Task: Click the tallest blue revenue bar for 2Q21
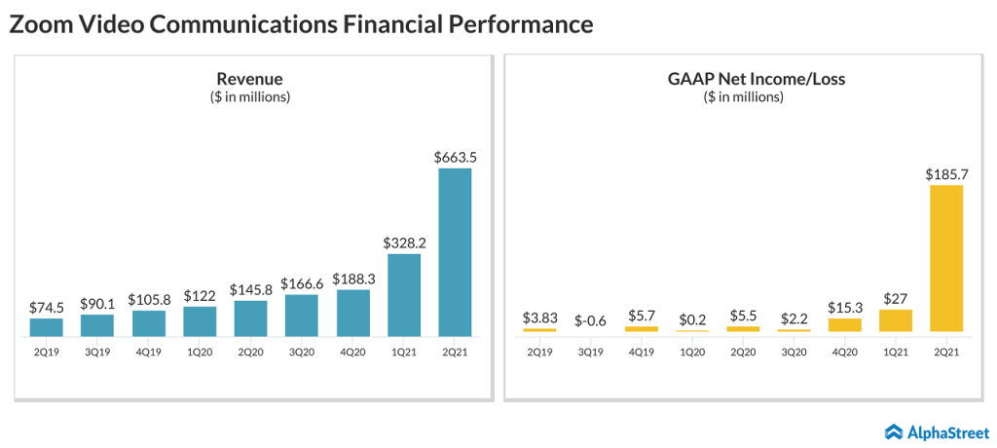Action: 455,252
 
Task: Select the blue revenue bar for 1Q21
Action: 404,295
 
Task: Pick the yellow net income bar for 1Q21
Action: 896,320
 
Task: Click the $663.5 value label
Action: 455,156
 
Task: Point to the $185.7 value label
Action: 946,172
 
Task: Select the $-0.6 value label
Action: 592,319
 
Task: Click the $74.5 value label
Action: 47,307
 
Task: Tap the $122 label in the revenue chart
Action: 200,295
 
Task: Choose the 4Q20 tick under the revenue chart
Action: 352,352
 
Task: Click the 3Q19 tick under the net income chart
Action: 592,352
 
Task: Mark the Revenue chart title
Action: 250,79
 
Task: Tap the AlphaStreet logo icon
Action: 893,430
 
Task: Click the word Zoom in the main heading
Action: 41,24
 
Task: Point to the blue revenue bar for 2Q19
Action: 47,327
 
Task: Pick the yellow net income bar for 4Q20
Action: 845,325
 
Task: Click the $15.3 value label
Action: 845,307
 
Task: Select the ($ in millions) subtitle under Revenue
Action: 250,96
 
